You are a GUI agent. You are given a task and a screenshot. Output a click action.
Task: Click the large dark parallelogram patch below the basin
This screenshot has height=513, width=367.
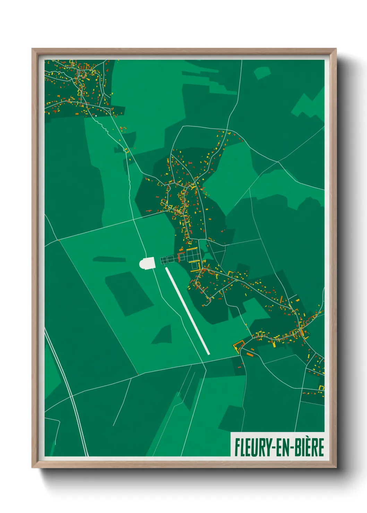129,293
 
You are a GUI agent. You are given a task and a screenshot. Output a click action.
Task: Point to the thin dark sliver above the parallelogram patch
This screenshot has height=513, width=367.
109,259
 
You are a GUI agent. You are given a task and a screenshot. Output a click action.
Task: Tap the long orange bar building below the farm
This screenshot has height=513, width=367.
249,354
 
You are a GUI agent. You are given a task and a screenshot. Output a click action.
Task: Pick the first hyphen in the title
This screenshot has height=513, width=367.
274,448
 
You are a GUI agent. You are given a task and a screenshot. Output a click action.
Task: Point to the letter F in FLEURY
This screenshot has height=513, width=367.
238,447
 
